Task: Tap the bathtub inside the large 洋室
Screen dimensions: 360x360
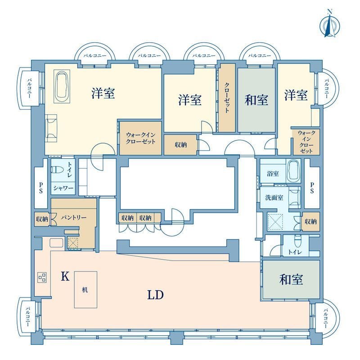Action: tap(62, 86)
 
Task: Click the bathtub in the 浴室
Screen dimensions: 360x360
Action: tap(294, 171)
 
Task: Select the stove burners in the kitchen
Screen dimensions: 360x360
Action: tap(42, 277)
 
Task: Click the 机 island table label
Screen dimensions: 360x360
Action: tap(85, 290)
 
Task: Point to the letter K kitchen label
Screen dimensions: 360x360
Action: tap(65, 276)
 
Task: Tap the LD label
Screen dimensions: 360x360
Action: tap(155, 295)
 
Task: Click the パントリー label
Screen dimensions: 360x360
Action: tap(74, 217)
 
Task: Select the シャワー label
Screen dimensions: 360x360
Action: tap(63, 188)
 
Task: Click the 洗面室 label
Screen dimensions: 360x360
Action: tap(274, 198)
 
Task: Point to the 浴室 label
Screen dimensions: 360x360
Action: tap(273, 174)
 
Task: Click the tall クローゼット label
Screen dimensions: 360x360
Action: tap(227, 98)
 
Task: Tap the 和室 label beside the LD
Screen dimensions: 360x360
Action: tap(291, 279)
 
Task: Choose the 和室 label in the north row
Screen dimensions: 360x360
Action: tap(256, 100)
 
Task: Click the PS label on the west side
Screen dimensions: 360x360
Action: tap(41, 188)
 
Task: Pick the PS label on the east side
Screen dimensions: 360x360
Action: tap(312, 188)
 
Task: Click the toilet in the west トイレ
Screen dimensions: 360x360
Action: tap(57, 170)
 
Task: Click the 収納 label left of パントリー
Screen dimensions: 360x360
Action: tap(42, 219)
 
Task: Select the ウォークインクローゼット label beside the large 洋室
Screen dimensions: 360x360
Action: tap(140, 138)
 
